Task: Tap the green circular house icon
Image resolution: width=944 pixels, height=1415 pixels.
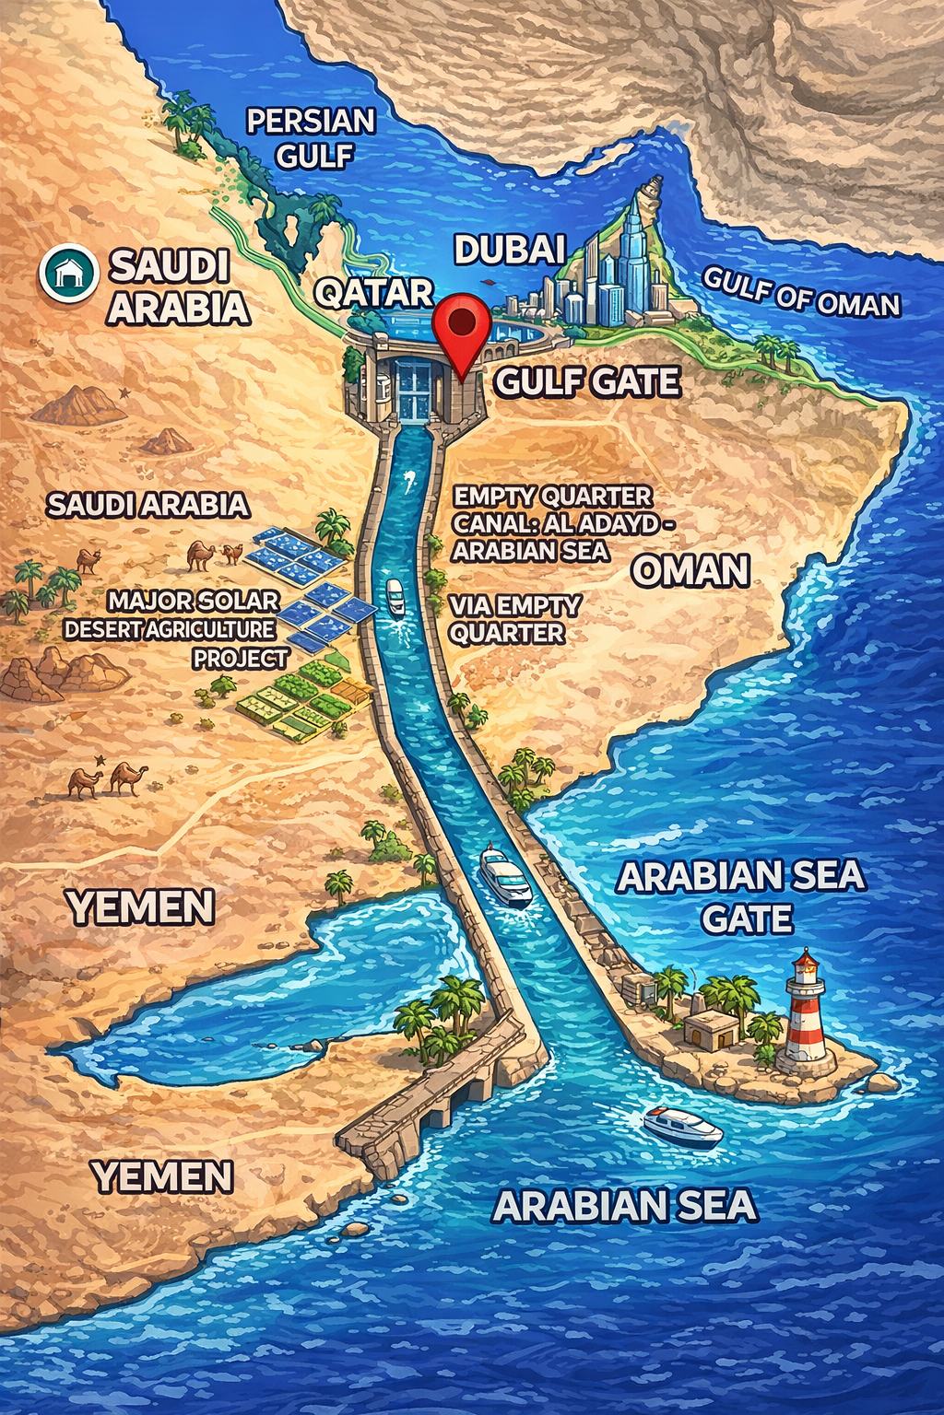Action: pos(68,272)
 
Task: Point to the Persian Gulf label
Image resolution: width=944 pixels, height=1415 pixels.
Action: pos(312,137)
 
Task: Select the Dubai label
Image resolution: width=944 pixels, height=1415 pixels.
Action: pos(509,249)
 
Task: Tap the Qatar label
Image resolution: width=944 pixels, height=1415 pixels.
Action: pos(373,293)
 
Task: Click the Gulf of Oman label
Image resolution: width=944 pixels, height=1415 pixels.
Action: pos(801,291)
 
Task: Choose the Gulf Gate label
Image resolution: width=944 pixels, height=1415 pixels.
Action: pos(587,381)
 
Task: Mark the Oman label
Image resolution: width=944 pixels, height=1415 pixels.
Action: pos(690,571)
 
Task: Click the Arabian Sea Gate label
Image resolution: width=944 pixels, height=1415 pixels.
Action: pos(742,896)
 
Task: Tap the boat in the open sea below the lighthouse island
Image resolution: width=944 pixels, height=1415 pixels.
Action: pos(683,1125)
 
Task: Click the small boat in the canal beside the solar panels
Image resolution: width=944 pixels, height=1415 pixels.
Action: pos(395,596)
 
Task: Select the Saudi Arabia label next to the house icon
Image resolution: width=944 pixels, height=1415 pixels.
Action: pos(177,287)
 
